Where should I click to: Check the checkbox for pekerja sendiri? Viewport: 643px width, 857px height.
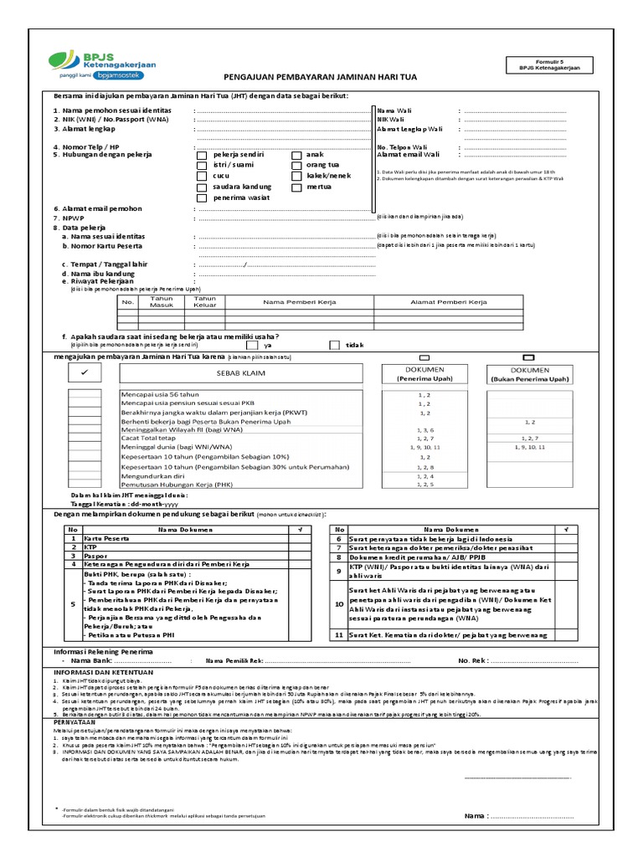click(201, 155)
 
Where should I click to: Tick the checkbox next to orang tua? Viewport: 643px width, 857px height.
click(296, 166)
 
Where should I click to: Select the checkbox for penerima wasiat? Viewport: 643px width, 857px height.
click(201, 198)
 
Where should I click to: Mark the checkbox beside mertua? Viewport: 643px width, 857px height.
click(296, 187)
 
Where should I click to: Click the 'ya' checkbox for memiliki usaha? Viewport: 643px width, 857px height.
click(252, 345)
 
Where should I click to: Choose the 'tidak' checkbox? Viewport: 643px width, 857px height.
click(334, 345)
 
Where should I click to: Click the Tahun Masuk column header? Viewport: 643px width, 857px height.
click(161, 301)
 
